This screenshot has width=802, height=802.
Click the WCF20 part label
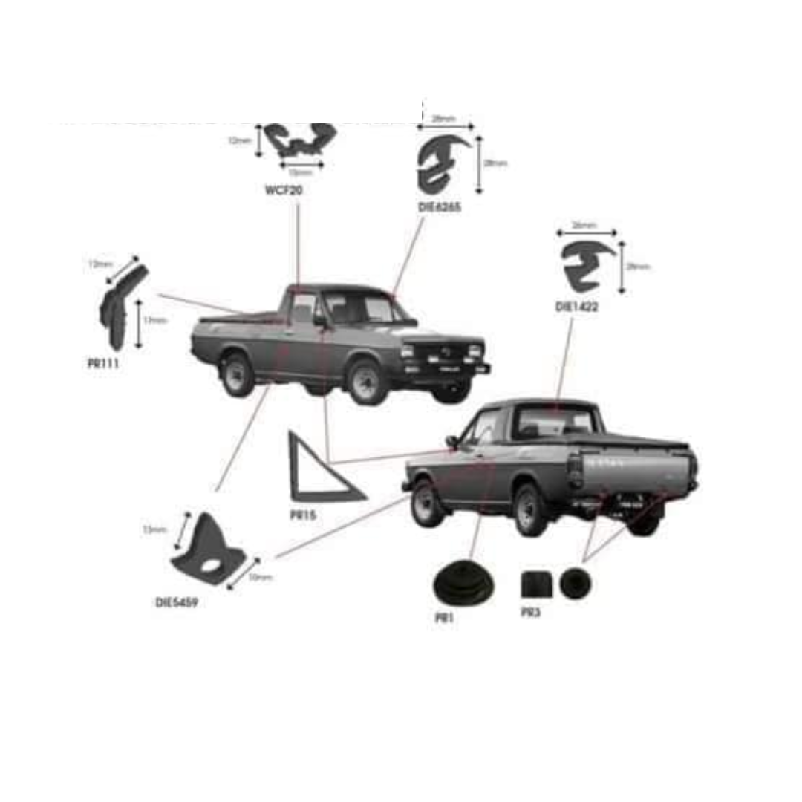coord(284,191)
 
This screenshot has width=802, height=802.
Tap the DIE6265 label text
coord(440,208)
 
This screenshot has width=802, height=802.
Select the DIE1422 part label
coord(577,306)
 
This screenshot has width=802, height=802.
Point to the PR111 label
coord(102,364)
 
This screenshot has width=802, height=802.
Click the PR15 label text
coord(304,514)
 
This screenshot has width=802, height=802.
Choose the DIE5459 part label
coord(177,602)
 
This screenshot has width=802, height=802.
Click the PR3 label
coord(530,613)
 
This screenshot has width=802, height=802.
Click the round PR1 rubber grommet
coord(463,584)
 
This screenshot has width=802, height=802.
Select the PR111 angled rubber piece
coord(121,306)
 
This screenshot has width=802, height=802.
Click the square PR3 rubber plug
coord(536,584)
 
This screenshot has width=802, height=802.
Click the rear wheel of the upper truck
coord(238,375)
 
